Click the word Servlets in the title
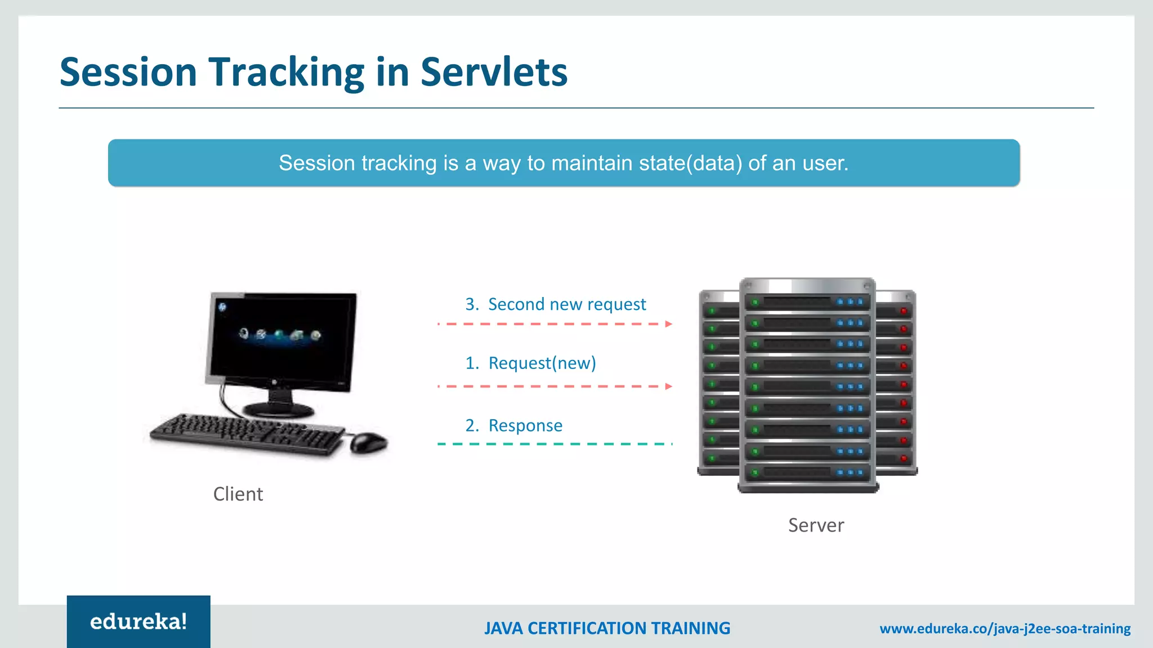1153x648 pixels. tap(494, 72)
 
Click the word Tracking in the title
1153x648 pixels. tap(287, 73)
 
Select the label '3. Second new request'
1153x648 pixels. tap(555, 304)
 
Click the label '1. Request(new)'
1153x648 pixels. tap(530, 363)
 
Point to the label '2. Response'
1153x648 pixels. tap(513, 426)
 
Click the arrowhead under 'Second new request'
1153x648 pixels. tap(668, 324)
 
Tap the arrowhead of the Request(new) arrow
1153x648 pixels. tap(668, 386)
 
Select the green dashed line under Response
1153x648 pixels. tap(555, 444)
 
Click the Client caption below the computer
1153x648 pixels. tap(238, 494)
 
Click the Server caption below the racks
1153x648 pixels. tap(816, 525)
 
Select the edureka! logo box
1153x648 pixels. tap(138, 622)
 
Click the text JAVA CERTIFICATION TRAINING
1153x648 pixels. tap(607, 628)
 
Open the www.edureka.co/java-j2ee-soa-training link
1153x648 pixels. tap(1005, 628)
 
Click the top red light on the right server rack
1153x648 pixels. tap(904, 311)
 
